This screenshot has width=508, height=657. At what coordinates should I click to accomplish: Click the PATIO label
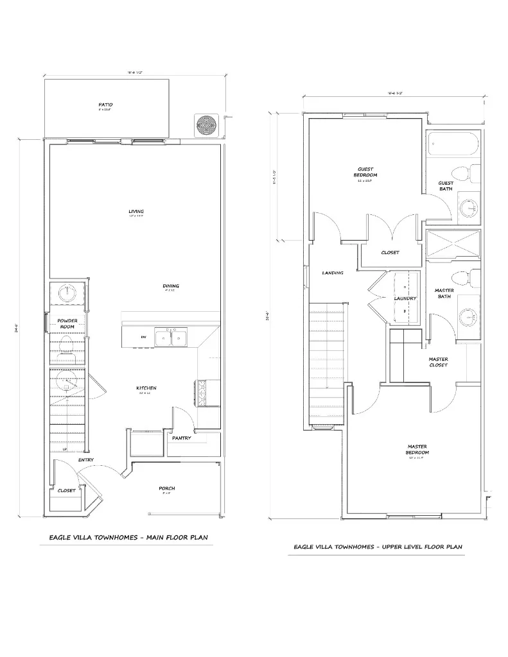tap(106, 104)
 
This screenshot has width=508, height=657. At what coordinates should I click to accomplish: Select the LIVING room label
tap(136, 211)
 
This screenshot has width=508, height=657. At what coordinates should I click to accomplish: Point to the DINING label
tap(170, 286)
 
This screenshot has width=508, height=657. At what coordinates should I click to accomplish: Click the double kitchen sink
tap(171, 337)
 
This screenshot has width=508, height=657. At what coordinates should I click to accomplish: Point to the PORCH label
tap(167, 488)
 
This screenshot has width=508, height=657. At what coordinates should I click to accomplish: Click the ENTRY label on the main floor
tap(86, 460)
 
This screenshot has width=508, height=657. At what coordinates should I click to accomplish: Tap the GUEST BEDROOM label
tap(365, 172)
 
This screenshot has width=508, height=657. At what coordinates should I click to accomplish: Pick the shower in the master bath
tap(453, 244)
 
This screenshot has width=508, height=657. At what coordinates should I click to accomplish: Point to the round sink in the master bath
tap(469, 317)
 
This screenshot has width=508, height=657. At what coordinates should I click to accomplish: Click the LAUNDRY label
tap(405, 298)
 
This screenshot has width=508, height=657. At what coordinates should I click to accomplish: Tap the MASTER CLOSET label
tap(439, 362)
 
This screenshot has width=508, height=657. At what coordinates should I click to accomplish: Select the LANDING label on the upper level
tap(333, 273)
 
